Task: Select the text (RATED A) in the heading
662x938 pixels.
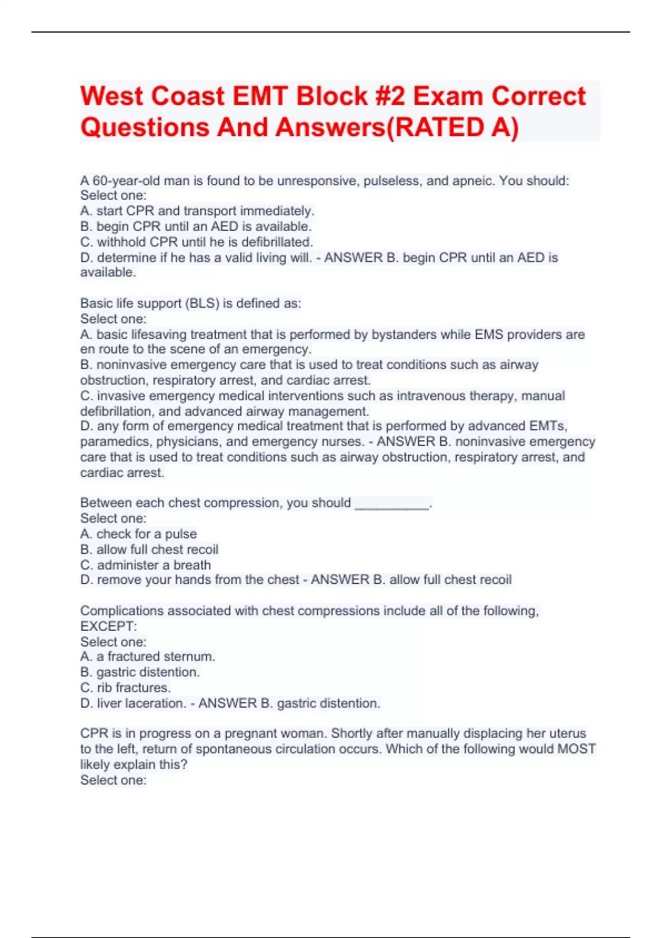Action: [452, 127]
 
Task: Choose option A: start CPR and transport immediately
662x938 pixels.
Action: [197, 211]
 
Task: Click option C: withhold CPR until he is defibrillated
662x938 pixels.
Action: [196, 242]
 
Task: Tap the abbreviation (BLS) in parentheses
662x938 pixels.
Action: [202, 303]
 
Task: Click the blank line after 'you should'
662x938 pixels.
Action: [392, 503]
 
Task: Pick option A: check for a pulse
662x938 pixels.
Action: [138, 534]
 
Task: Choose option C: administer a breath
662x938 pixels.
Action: [146, 565]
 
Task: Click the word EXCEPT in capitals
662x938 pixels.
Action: [108, 626]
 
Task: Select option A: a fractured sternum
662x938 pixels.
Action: [147, 657]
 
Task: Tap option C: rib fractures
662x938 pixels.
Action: [125, 687]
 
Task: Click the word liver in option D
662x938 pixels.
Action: [109, 703]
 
